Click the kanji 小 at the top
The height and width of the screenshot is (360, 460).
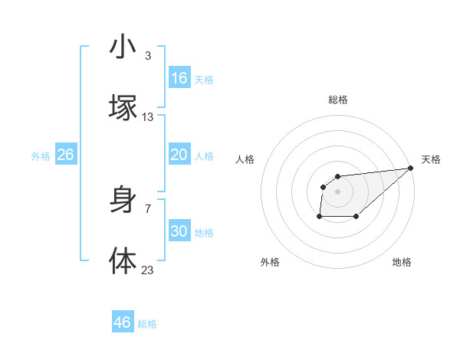pos(123,47)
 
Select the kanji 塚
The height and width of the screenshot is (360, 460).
pos(123,108)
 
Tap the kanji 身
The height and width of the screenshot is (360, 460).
pos(123,200)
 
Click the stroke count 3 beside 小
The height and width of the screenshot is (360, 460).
pos(148,56)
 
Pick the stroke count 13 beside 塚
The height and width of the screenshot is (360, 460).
pos(148,116)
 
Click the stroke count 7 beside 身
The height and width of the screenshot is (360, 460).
pos(148,208)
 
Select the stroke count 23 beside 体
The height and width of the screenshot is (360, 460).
pos(148,269)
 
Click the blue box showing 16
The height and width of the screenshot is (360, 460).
pos(179,78)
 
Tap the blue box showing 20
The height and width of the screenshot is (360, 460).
pos(179,155)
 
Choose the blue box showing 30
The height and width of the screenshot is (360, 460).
pos(179,231)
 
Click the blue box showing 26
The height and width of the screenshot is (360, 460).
pos(65,155)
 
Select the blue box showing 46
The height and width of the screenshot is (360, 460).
pos(123,322)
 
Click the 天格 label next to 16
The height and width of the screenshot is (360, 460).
pos(204,80)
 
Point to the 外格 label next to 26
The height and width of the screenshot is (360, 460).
pos(41,156)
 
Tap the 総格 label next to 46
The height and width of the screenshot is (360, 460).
pos(147,324)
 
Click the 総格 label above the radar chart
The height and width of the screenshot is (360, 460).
pos(338,100)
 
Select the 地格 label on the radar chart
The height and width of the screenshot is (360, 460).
pos(402,263)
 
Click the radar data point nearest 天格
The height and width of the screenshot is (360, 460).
pos(410,169)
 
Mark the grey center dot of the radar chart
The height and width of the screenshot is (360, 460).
pos(338,191)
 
